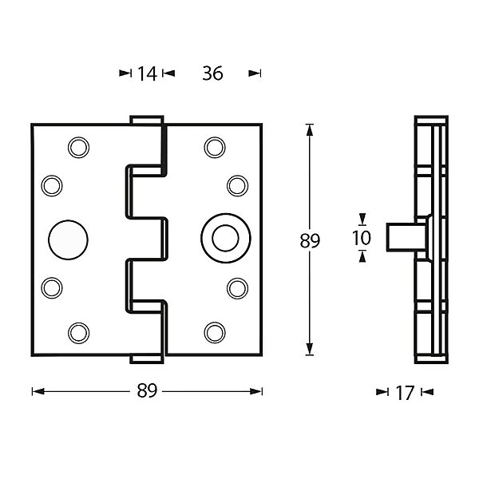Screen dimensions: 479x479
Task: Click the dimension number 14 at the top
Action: click(x=147, y=74)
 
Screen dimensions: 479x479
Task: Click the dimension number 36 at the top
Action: click(x=212, y=73)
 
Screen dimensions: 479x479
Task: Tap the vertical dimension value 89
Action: click(x=310, y=240)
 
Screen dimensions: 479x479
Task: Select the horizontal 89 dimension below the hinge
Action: click(x=147, y=390)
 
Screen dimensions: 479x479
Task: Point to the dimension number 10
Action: click(x=362, y=238)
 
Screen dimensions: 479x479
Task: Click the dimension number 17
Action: click(x=405, y=393)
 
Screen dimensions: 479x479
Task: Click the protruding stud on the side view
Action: click(x=406, y=237)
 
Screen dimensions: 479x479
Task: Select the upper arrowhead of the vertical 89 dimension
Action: click(x=310, y=129)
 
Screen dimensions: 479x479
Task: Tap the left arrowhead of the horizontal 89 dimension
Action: click(x=38, y=391)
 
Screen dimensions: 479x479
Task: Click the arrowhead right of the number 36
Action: click(x=255, y=73)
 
